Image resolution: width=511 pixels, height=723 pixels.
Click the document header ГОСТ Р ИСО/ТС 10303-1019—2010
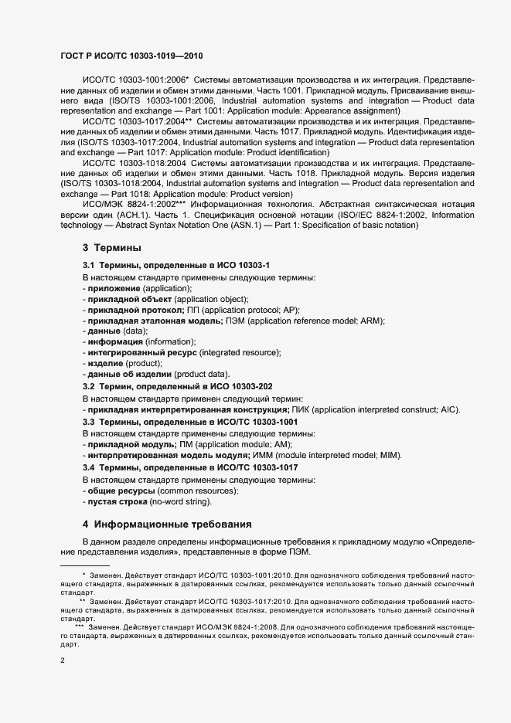point(132,57)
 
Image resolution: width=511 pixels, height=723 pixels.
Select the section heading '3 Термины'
point(111,248)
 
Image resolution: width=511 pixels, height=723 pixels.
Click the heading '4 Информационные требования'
point(166,523)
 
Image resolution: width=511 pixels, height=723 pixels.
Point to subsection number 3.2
point(89,385)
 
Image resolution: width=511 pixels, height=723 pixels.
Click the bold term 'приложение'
point(113,287)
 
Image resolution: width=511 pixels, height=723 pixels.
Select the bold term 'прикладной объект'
point(128,298)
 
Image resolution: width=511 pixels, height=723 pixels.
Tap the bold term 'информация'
point(114,341)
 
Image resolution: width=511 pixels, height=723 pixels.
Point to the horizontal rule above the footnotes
point(84,565)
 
